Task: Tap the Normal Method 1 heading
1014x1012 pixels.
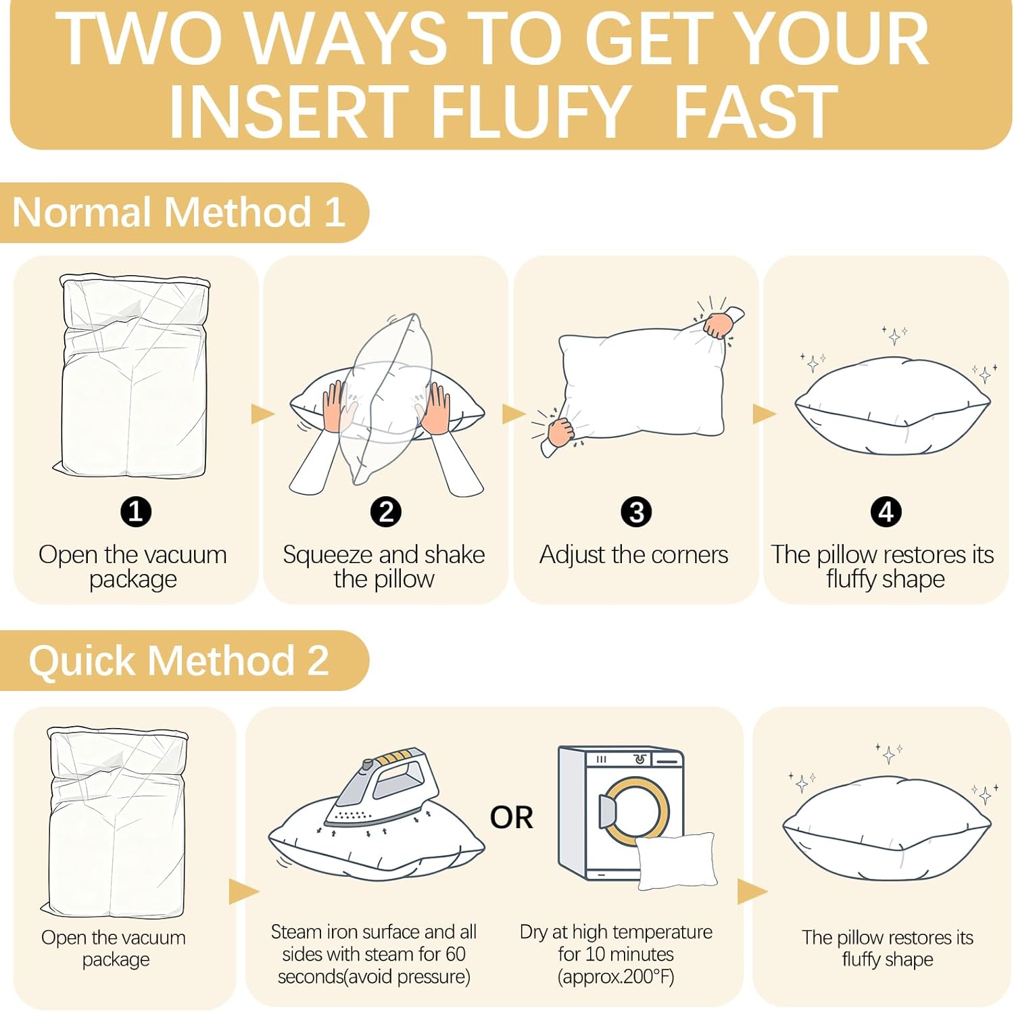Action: pos(179,212)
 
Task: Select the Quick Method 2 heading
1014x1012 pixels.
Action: pos(178,660)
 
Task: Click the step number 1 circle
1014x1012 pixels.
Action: pos(135,512)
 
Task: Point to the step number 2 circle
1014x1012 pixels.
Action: pos(386,512)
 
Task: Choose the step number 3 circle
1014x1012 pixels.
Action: pos(636,512)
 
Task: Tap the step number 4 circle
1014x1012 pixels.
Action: pos(886,512)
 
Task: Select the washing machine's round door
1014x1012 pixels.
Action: pos(635,811)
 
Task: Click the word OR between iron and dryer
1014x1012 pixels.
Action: pos(512,817)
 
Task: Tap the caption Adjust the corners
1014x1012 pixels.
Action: pos(634,555)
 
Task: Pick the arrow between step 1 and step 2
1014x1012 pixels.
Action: pos(262,414)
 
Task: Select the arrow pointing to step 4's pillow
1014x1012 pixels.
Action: pos(764,414)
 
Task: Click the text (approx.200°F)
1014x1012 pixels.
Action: pos(616,977)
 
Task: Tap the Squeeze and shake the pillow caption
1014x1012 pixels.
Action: pos(384,567)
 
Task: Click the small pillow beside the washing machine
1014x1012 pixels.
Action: pos(676,861)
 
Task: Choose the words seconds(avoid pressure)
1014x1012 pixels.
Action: pos(374,977)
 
